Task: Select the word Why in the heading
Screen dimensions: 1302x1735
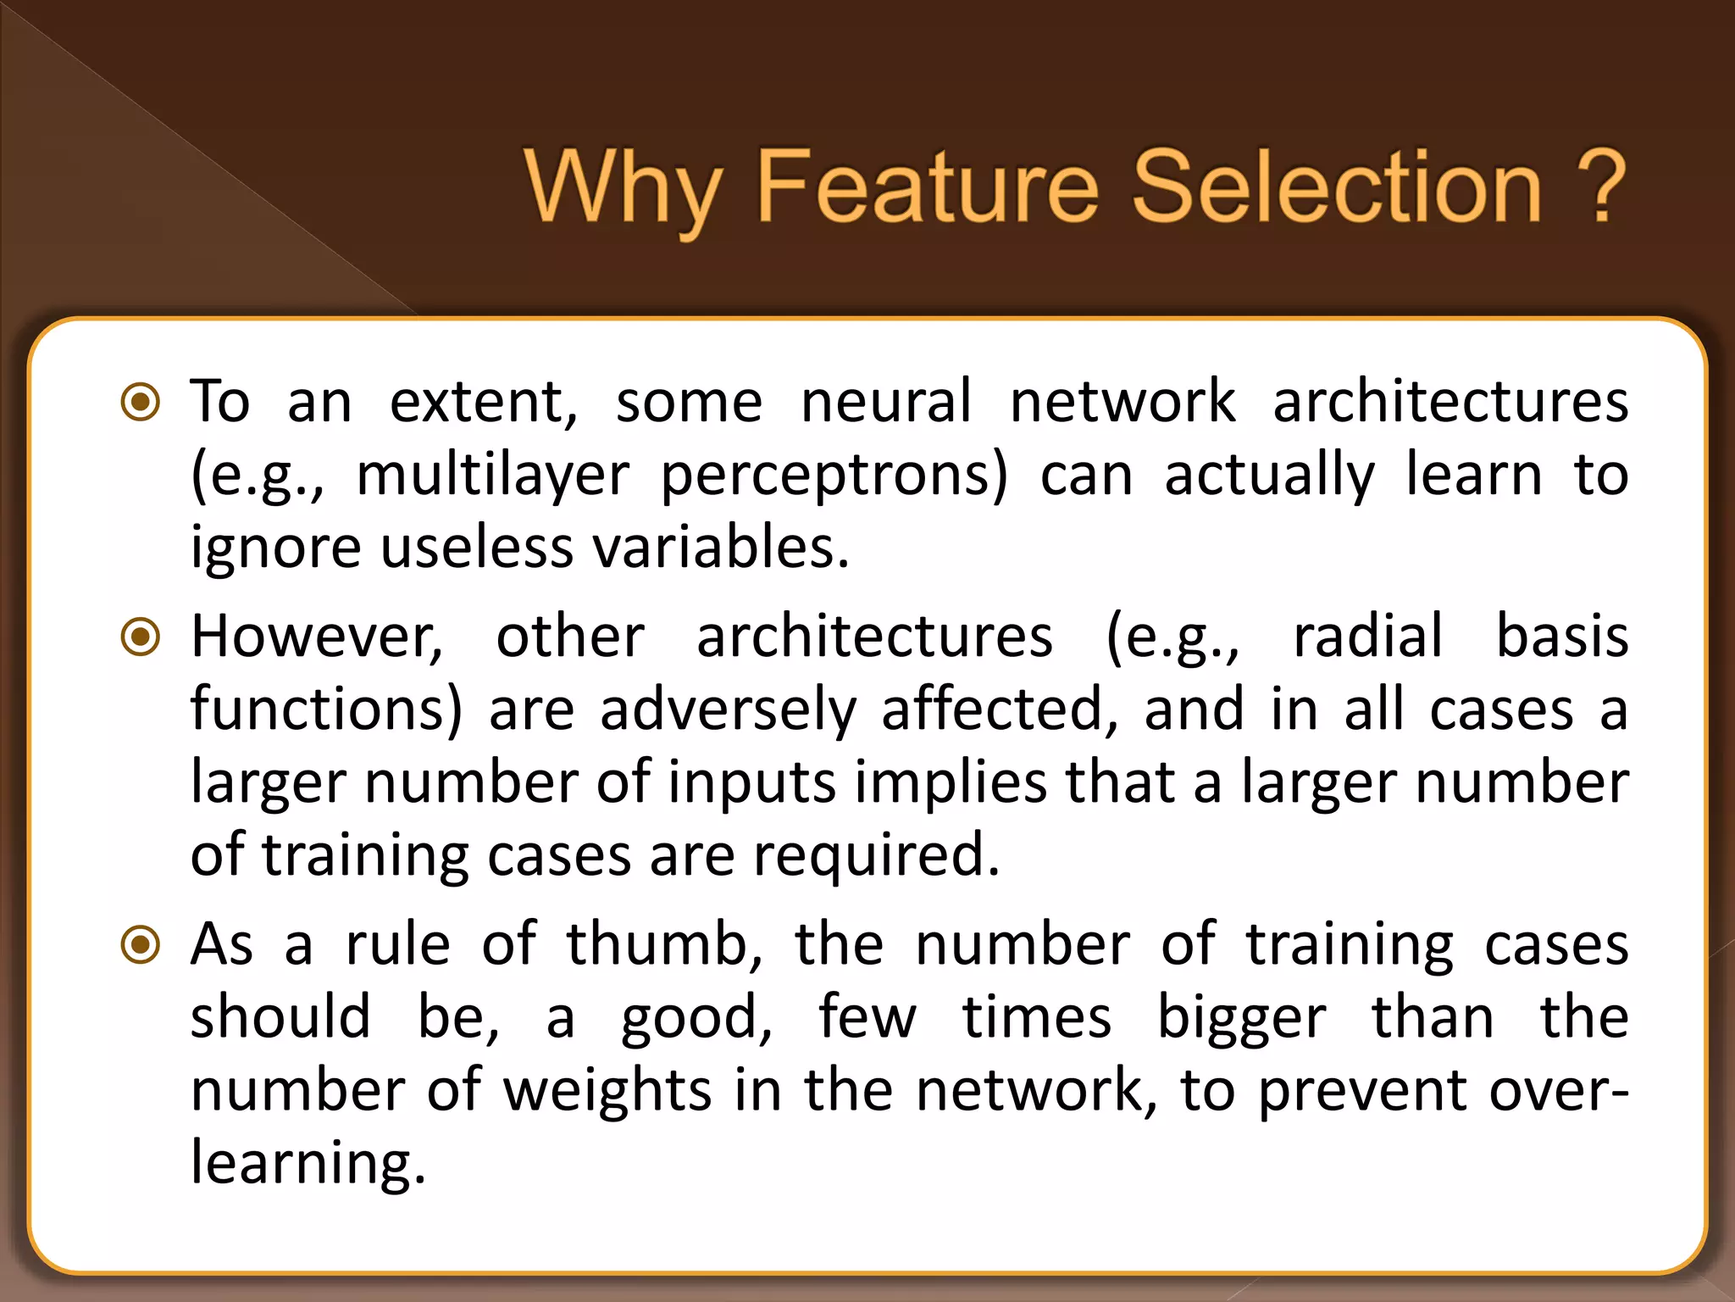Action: (624, 188)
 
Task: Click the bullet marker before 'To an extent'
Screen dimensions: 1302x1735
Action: (141, 402)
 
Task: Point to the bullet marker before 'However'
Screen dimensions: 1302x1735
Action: (141, 637)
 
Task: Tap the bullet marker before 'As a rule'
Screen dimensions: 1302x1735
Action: (141, 944)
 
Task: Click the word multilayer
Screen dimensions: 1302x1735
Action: (492, 476)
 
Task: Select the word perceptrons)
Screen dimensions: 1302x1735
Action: (834, 476)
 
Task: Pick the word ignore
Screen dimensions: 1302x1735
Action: (274, 549)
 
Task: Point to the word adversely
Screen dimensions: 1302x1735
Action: (728, 710)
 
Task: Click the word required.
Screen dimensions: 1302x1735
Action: (876, 856)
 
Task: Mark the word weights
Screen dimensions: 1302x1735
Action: (607, 1092)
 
